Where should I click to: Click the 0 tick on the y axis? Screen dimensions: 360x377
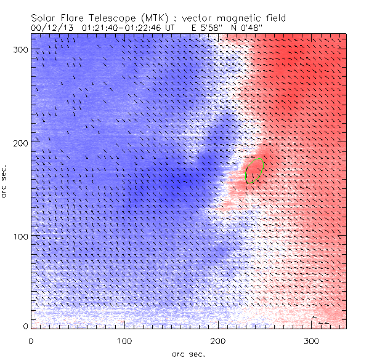click(26, 326)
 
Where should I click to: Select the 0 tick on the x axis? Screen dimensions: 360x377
click(31, 340)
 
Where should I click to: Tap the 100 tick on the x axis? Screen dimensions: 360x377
click(124, 340)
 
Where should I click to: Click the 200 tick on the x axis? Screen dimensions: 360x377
click(218, 340)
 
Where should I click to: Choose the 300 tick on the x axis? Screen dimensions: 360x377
click(312, 340)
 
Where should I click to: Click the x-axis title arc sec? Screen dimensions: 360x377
click(188, 354)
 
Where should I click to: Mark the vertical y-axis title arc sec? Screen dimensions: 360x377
click(7, 182)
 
